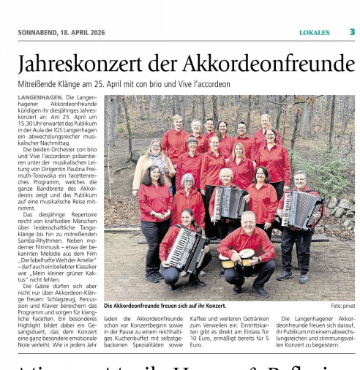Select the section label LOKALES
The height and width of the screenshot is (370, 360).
point(314,32)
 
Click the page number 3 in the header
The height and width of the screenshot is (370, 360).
point(351,31)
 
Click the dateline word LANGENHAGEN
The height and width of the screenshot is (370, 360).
point(40,97)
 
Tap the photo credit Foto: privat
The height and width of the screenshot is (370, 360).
point(342,306)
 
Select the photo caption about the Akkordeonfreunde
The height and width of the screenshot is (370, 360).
point(165,306)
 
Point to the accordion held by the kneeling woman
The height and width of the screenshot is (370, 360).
point(187,248)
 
